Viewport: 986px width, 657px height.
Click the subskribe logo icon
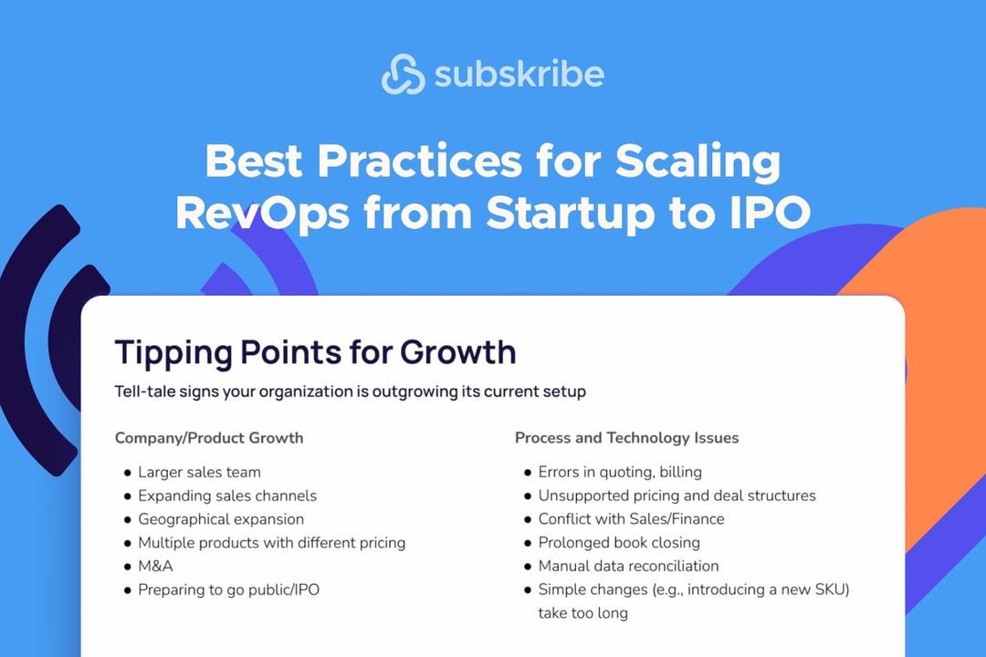(403, 74)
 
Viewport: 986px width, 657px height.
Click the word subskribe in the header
(519, 74)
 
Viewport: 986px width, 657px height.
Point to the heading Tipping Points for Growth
(315, 351)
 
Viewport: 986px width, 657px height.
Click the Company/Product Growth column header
(209, 438)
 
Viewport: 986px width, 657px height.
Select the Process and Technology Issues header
(626, 438)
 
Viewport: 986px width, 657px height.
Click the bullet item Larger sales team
(199, 473)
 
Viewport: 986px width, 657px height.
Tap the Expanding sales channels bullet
(227, 496)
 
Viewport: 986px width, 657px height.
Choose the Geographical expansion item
(221, 519)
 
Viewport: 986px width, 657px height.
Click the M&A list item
(155, 567)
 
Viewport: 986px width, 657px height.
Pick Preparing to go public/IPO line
(228, 590)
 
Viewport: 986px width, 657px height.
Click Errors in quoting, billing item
(620, 473)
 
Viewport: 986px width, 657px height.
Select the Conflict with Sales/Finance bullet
(631, 519)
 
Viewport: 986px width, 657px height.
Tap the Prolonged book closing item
(619, 543)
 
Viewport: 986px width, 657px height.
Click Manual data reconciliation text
(628, 567)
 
